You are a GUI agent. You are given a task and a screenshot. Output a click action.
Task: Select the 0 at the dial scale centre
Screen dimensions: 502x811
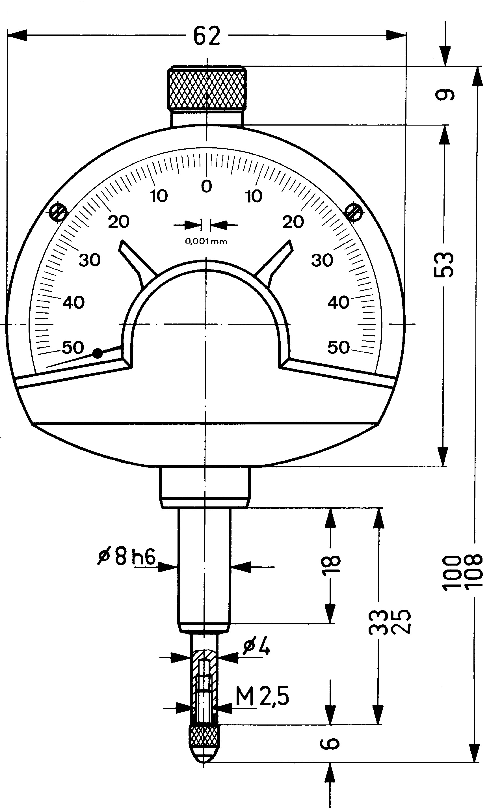point(207,186)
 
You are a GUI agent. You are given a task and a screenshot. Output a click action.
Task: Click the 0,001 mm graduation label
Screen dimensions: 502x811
point(206,241)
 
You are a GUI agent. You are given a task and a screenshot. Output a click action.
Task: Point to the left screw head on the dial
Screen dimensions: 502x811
point(59,212)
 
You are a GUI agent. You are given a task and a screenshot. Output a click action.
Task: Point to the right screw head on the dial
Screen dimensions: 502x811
point(354,212)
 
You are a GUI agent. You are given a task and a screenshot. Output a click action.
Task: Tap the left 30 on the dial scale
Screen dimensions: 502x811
point(90,260)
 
